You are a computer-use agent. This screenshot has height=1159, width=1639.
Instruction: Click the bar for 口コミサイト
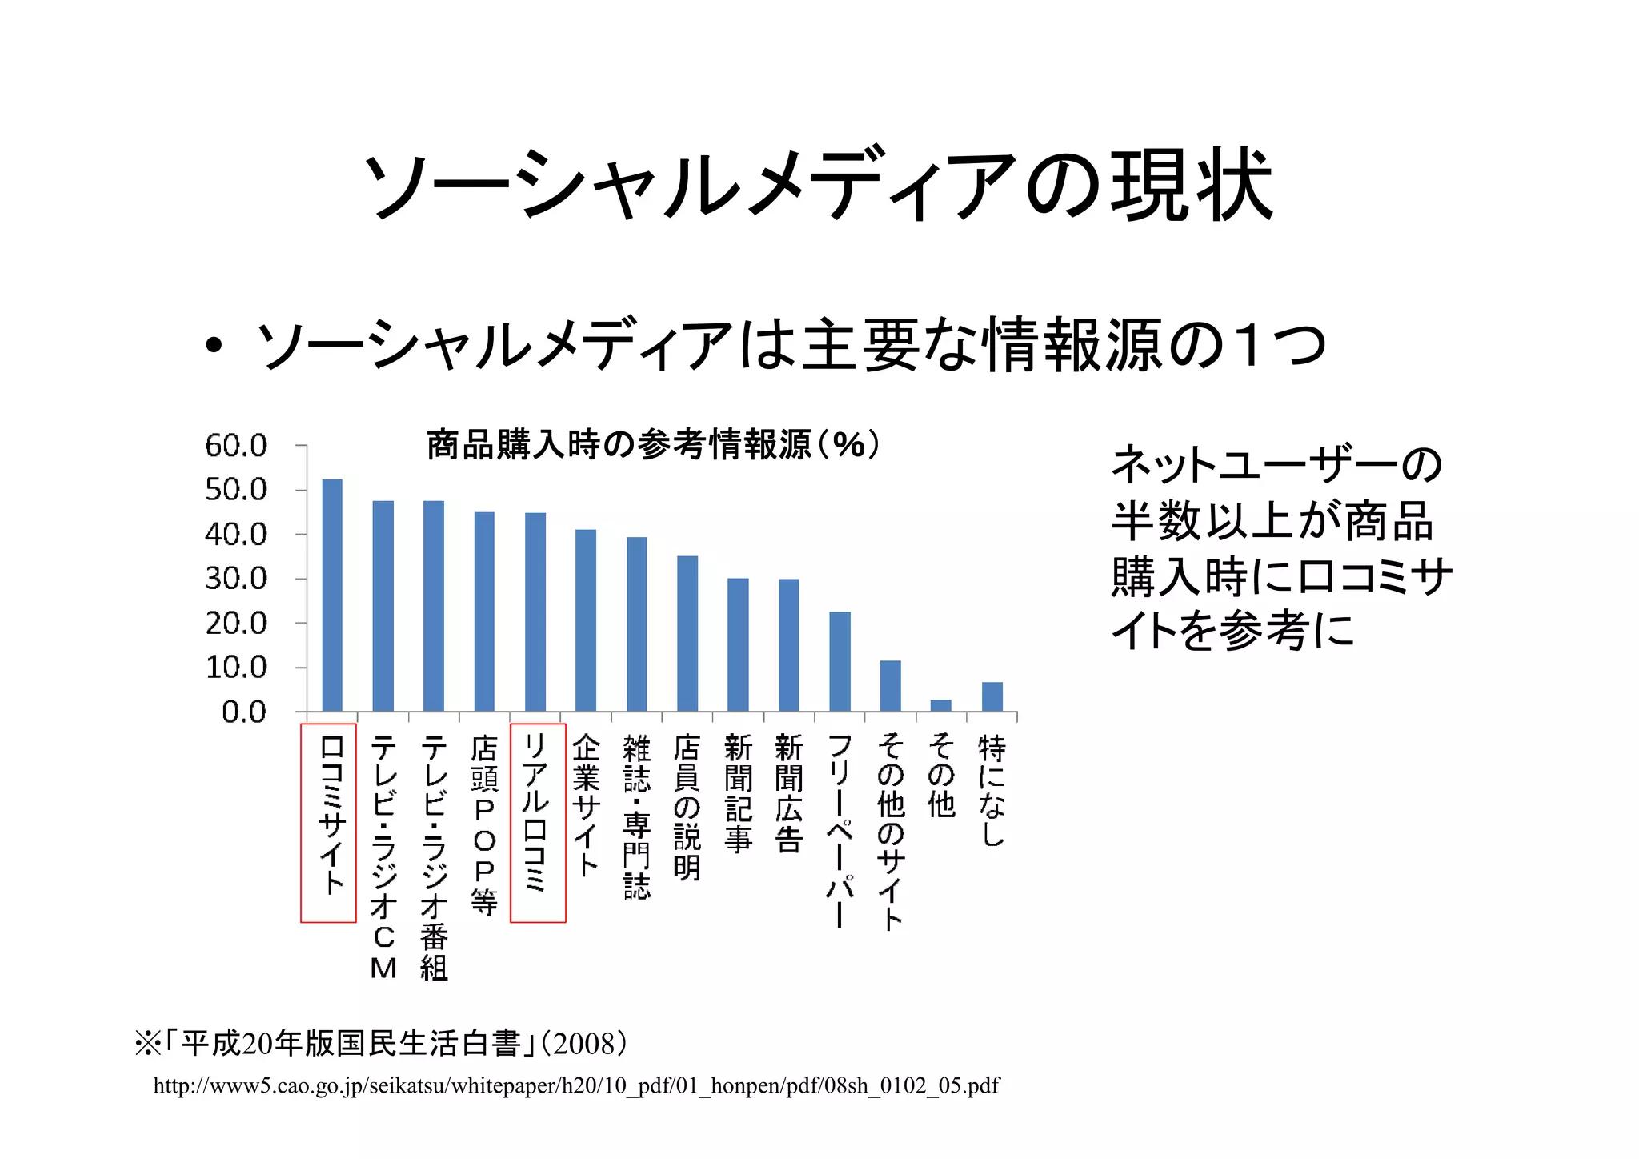[x=332, y=596]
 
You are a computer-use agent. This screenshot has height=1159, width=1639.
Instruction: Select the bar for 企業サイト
[x=586, y=620]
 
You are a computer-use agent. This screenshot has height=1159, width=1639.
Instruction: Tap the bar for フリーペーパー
[x=840, y=662]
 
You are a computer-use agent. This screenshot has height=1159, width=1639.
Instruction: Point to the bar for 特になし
[x=992, y=696]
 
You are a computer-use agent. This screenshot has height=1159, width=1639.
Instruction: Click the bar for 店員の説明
[x=687, y=634]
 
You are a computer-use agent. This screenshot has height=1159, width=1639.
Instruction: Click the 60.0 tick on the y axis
[x=236, y=446]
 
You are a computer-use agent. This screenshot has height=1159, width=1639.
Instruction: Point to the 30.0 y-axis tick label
[x=236, y=579]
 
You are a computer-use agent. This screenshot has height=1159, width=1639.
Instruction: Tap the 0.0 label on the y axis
[x=244, y=712]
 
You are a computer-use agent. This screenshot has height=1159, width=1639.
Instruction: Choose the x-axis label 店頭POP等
[x=484, y=824]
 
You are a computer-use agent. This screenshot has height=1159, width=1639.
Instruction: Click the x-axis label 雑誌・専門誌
[x=637, y=816]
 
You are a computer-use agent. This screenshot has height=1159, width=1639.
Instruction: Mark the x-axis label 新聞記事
[x=738, y=792]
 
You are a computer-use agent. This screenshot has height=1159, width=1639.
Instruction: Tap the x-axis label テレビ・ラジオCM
[x=383, y=856]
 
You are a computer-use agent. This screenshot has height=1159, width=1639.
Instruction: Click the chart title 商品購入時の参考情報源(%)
[x=652, y=444]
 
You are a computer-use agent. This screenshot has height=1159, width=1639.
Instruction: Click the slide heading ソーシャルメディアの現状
[x=817, y=186]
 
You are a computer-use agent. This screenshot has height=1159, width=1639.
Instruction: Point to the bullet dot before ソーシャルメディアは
[x=213, y=346]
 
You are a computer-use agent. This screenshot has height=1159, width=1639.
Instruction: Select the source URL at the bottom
[x=576, y=1085]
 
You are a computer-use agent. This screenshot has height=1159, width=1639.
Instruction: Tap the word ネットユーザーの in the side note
[x=1276, y=464]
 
